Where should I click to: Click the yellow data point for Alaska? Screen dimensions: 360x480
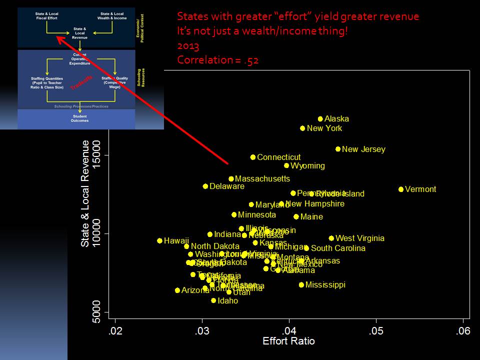320,119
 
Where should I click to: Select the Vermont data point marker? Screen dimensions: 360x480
401,189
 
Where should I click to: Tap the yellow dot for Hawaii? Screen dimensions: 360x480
160,241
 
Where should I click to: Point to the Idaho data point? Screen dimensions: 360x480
213,300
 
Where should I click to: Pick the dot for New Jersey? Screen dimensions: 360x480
338,149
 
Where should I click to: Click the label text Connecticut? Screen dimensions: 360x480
279,157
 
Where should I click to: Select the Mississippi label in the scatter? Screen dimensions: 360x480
325,285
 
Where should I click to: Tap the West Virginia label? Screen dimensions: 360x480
359,238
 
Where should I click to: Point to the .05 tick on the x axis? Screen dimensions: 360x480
376,331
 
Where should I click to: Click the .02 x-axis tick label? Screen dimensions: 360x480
115,331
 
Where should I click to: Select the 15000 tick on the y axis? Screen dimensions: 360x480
98,155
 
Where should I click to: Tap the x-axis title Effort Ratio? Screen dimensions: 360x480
289,341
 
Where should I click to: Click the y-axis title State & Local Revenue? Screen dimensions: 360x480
85,193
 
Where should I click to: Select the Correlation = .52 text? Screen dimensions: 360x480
217,60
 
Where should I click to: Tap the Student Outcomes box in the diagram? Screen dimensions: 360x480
79,118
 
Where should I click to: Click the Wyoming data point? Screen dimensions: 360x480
286,165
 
